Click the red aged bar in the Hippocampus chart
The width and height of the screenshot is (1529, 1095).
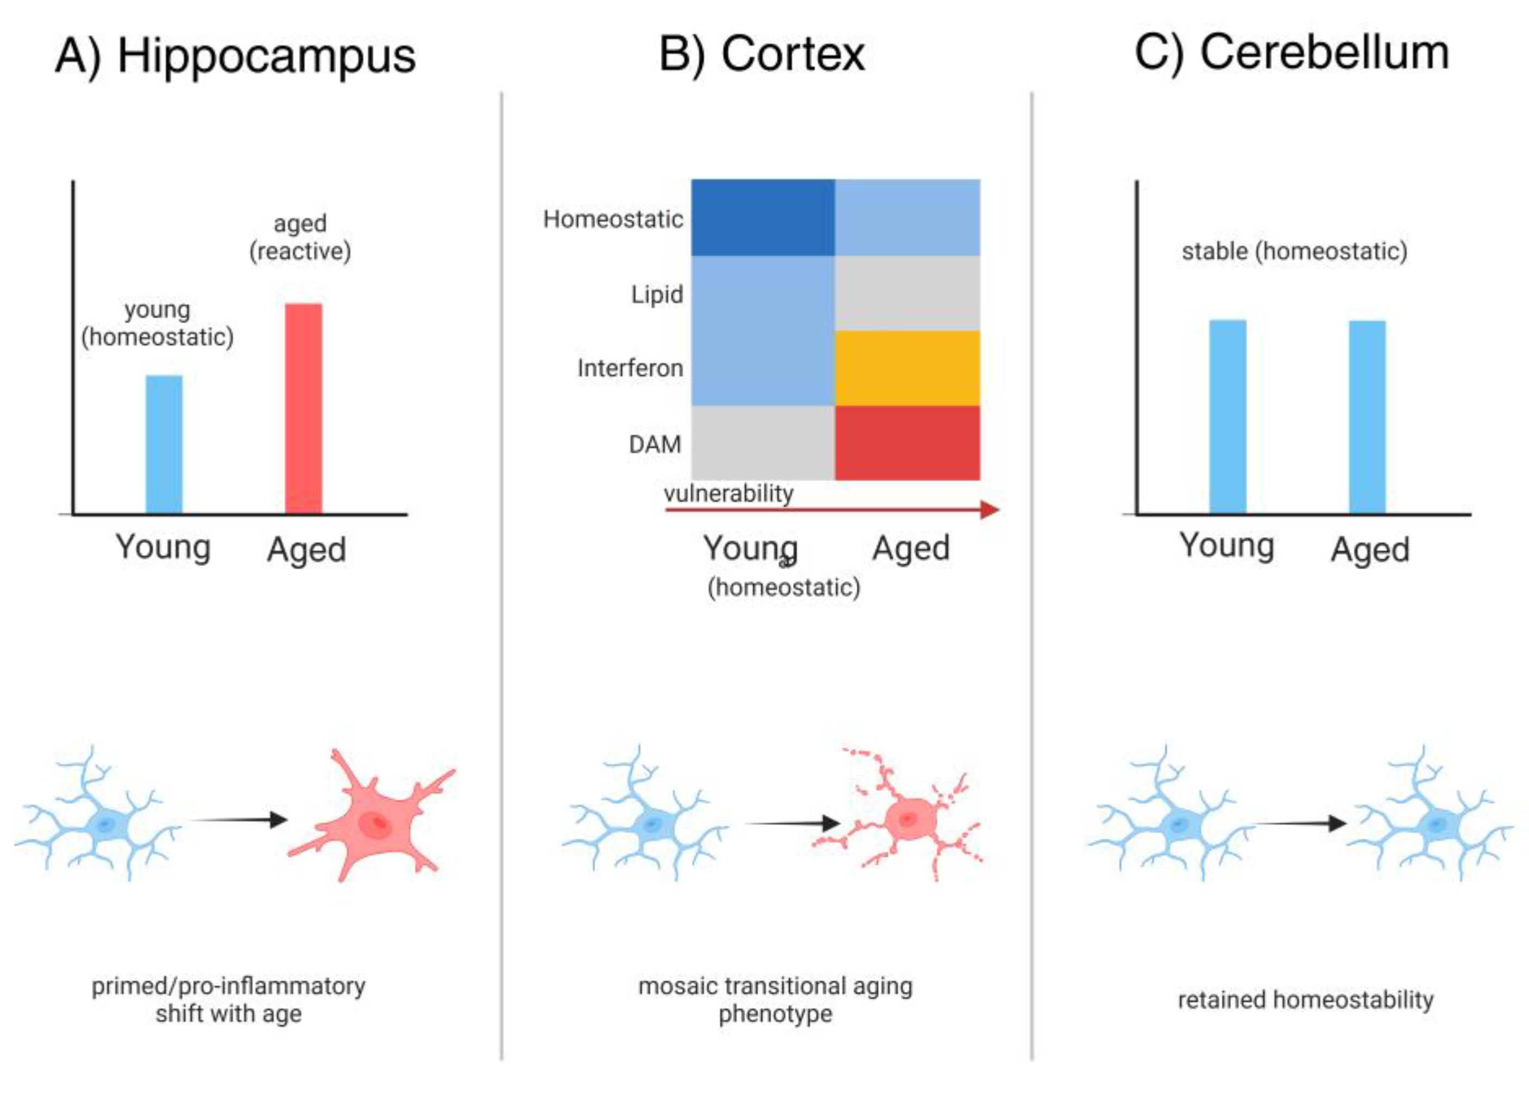pos(304,408)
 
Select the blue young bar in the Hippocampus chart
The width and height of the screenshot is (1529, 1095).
pos(164,444)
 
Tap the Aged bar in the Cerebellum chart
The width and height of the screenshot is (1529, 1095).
pos(1367,417)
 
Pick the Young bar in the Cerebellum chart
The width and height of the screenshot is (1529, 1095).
pos(1227,417)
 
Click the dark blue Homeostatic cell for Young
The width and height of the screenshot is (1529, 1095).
pos(763,217)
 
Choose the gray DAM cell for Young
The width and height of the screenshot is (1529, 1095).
pos(763,443)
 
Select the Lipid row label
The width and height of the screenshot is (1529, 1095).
pos(657,294)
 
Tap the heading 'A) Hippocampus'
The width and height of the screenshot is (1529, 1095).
pos(235,55)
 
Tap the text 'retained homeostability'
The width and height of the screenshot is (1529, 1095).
pos(1305,999)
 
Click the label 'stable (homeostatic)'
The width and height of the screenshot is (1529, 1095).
pos(1294,251)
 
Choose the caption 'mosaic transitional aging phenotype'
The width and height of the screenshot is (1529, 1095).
pos(775,999)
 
